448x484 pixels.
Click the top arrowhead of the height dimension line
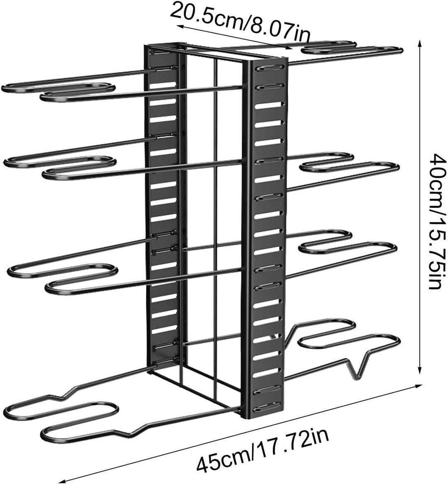[419, 43]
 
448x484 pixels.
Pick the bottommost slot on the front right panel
[268, 409]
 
